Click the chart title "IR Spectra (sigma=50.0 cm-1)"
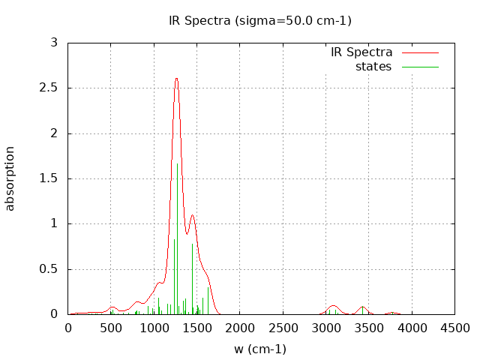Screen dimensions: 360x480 click(x=260, y=20)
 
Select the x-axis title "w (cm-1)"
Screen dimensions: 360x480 click(x=260, y=349)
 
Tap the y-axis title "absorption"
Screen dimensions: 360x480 click(x=10, y=178)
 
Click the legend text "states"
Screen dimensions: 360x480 click(x=373, y=67)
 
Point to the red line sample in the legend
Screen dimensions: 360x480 click(x=419, y=52)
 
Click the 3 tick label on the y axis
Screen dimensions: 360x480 click(x=54, y=43)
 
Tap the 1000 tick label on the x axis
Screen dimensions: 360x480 click(x=154, y=328)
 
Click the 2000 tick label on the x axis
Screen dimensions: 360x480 click(x=240, y=328)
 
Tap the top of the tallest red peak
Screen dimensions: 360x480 click(x=176, y=78)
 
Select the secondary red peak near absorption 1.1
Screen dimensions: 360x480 click(x=193, y=215)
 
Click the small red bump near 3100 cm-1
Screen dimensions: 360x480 click(x=334, y=306)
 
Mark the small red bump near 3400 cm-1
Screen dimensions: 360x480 click(x=362, y=307)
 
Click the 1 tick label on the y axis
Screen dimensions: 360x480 click(x=54, y=223)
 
